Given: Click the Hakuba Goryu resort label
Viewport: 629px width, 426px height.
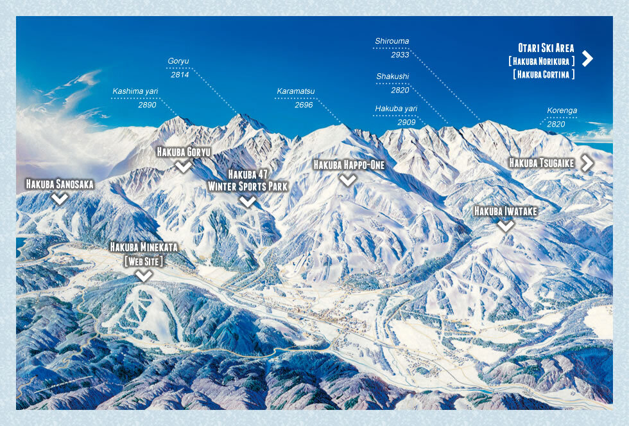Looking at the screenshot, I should coord(184,152).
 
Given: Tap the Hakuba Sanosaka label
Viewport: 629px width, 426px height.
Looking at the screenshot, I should coord(60,184).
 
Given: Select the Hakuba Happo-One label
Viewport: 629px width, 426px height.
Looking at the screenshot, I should coord(349,165).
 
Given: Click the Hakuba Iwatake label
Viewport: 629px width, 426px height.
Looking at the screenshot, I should coord(505,211).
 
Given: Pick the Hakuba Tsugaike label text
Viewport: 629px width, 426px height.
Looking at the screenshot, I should coord(541,163).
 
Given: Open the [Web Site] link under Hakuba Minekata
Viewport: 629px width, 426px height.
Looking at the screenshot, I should coord(144,261).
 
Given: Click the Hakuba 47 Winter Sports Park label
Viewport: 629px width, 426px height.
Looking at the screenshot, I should coord(248,181).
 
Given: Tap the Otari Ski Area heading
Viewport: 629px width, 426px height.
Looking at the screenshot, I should coord(546,48).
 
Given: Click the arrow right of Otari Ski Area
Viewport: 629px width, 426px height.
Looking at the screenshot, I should coord(587,58).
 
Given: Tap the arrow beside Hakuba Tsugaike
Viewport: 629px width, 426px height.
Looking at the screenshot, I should coord(587,163).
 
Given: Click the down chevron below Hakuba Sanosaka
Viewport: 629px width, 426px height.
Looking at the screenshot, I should coord(60,199).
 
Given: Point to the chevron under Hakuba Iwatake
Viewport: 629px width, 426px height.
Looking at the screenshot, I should coord(506,226).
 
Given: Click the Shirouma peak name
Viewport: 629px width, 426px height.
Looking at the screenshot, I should coord(392,42).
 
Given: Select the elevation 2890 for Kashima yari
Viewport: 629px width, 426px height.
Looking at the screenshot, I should coord(147,105).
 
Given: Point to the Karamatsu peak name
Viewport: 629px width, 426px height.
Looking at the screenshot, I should coord(296,91).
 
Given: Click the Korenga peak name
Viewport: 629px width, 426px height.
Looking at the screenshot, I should coord(562,111).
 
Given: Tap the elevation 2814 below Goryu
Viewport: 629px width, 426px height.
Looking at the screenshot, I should coord(180,75).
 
